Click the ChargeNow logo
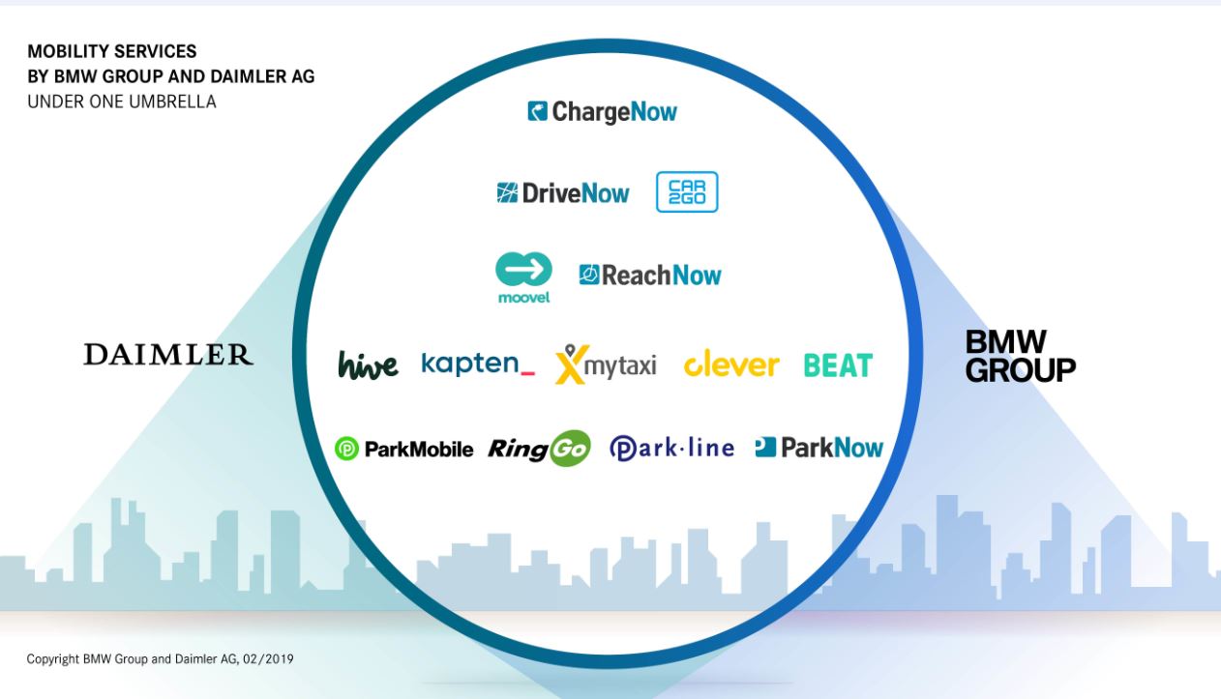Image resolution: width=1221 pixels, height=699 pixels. click(x=603, y=112)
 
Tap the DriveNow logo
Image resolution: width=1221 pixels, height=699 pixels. click(x=563, y=192)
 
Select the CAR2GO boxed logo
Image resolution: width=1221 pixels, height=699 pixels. click(x=687, y=191)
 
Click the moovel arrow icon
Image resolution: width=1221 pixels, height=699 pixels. click(x=523, y=269)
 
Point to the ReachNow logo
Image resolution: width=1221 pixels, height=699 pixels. click(x=650, y=276)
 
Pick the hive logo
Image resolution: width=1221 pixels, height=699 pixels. click(x=368, y=364)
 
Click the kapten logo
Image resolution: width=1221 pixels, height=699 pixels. click(x=478, y=364)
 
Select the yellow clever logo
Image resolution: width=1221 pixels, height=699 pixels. click(x=731, y=364)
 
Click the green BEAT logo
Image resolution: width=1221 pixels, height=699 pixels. click(x=838, y=365)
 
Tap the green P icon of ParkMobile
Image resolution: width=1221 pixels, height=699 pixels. click(x=346, y=449)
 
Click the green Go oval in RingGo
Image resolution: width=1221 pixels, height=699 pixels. click(x=570, y=449)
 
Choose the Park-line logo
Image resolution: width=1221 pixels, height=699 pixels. click(x=672, y=449)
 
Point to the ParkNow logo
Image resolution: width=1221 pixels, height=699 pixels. click(x=819, y=448)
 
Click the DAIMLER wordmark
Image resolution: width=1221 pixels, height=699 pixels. click(x=168, y=354)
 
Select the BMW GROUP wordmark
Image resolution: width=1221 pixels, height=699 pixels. click(x=1021, y=356)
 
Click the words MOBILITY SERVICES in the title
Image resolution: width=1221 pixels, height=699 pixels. click(x=111, y=51)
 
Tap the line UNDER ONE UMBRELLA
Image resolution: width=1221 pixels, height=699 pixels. click(x=122, y=102)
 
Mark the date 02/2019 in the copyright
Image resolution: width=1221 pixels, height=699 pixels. click(x=268, y=659)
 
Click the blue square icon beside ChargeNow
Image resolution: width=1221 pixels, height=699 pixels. click(x=538, y=111)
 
